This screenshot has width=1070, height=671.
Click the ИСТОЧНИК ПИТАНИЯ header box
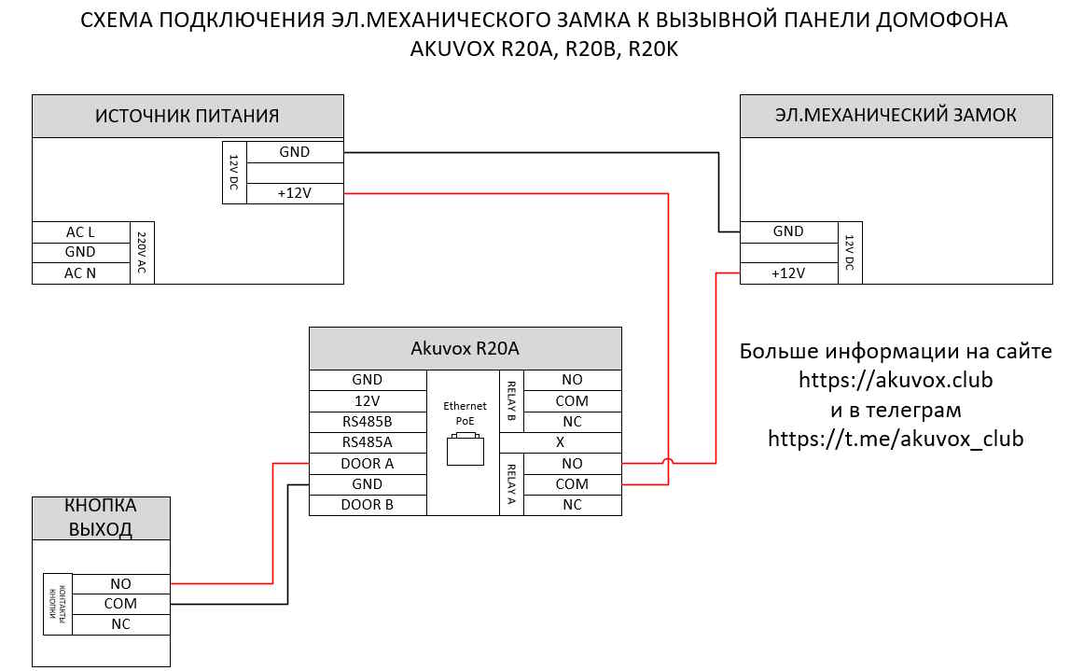[188, 117]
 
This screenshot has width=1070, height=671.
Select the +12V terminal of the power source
[295, 193]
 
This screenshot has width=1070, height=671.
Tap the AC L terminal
[80, 231]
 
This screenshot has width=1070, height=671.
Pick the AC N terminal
[80, 273]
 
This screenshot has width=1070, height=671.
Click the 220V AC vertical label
[143, 253]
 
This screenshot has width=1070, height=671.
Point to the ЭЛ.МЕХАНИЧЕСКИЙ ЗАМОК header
[896, 116]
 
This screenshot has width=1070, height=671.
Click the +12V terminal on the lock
[788, 273]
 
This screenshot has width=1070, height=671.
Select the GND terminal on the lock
[788, 231]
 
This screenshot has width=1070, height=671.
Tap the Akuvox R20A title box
[465, 348]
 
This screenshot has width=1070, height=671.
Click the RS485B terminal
[368, 421]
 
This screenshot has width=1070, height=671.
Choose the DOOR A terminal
[368, 463]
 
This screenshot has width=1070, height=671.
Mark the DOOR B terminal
[368, 504]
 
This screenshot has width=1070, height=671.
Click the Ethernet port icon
[465, 449]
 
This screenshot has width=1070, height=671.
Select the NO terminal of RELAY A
[572, 463]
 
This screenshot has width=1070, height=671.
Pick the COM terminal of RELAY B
[572, 400]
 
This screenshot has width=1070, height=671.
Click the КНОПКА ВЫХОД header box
[101, 518]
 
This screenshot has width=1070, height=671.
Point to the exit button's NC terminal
[120, 624]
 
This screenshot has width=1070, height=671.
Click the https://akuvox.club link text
[895, 381]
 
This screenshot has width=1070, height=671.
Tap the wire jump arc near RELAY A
[668, 461]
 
